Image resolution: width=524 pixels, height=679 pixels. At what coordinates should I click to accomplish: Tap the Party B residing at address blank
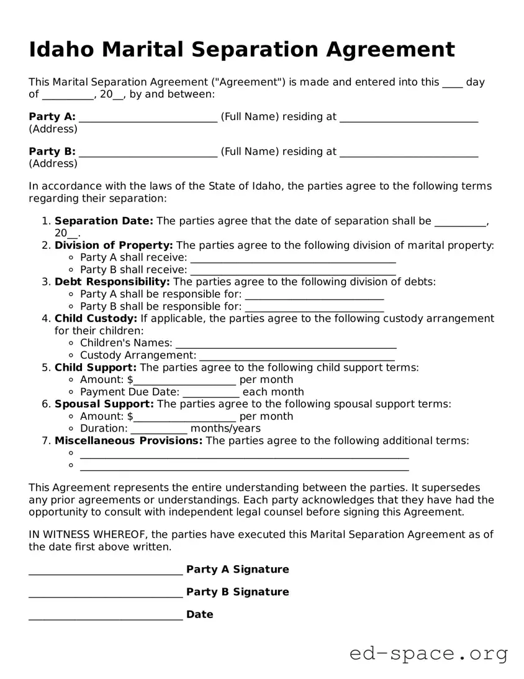(409, 153)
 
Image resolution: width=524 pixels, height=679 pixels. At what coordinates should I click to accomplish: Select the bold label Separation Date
(104, 221)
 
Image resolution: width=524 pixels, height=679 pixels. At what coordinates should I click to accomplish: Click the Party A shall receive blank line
(292, 259)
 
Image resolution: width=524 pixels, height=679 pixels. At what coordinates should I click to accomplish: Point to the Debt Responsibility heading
(112, 282)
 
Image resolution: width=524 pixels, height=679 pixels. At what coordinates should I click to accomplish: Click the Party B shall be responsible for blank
(314, 308)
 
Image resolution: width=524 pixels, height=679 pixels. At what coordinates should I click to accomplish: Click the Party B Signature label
(237, 592)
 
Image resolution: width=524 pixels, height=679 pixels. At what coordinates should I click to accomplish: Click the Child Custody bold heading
(96, 318)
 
